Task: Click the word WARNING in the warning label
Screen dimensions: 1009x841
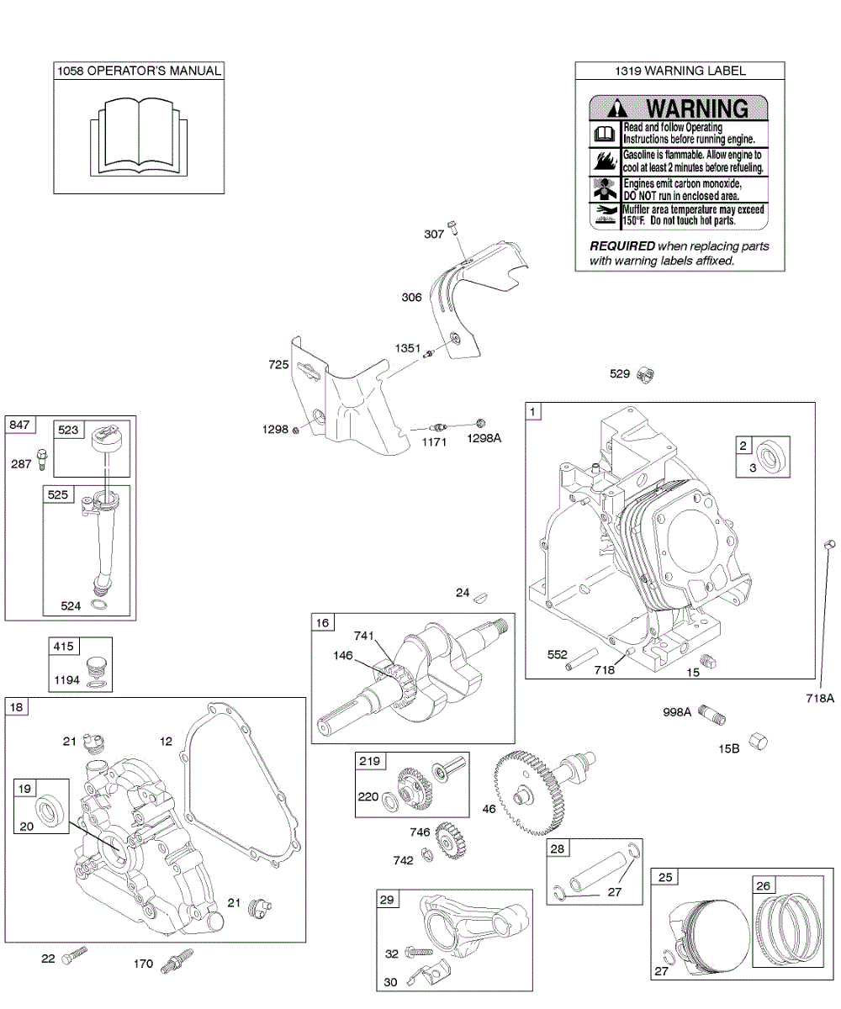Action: [x=696, y=108]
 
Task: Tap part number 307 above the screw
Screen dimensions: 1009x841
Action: [x=434, y=235]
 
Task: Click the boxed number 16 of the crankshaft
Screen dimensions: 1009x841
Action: [x=323, y=622]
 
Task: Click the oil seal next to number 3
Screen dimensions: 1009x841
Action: [x=771, y=457]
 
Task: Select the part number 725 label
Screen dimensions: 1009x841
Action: [x=279, y=365]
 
